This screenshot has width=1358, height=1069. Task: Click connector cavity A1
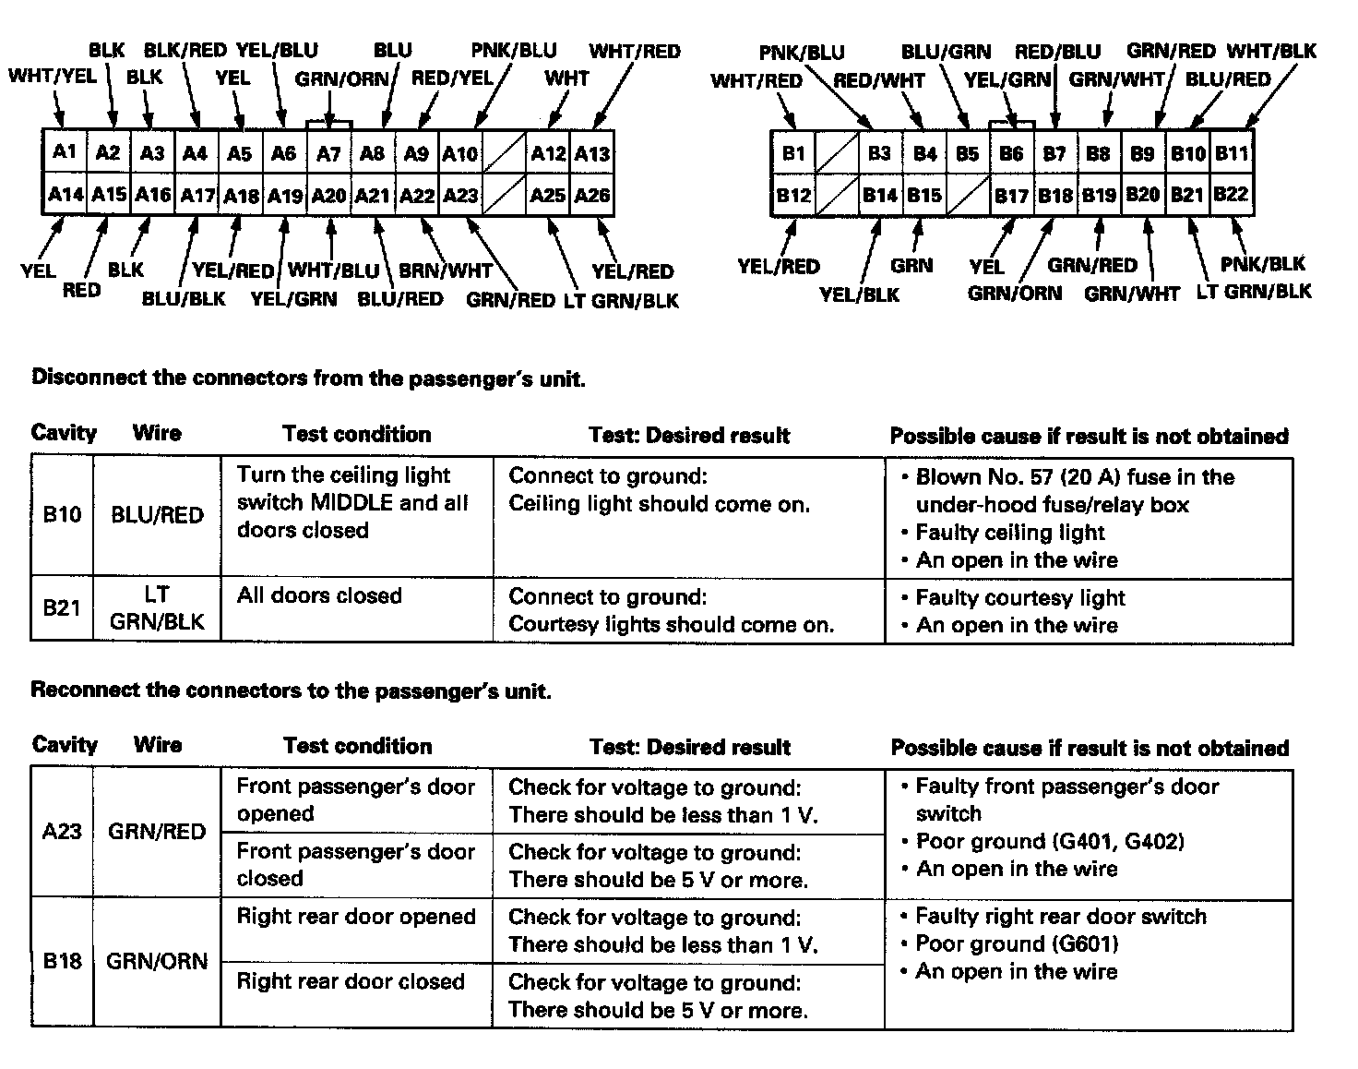(64, 151)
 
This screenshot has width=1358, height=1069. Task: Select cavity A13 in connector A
(592, 153)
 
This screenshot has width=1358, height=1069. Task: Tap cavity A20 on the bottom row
(328, 196)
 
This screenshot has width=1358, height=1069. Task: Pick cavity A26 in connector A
(592, 196)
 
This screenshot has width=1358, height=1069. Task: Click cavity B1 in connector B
(793, 152)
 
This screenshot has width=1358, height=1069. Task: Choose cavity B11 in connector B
(1232, 152)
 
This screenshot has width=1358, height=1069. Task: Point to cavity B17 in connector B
(1011, 196)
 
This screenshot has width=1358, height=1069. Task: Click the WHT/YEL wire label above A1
(53, 77)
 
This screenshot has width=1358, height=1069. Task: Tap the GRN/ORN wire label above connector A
(342, 79)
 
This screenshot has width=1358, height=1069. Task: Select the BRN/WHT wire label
(445, 271)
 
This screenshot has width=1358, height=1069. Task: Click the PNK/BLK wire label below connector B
(1262, 265)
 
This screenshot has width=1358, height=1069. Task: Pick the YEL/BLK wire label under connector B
(859, 294)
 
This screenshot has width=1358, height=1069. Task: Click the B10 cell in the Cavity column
(62, 514)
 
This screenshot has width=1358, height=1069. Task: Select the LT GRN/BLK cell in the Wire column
(157, 608)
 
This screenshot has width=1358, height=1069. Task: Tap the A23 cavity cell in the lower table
(62, 832)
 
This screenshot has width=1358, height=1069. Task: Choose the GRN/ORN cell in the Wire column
(157, 961)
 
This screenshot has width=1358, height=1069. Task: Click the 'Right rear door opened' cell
(356, 917)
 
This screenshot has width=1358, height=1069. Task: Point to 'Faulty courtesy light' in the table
(1020, 598)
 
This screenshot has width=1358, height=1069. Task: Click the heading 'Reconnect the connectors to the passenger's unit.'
(291, 691)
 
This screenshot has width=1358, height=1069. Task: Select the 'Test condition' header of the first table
(356, 434)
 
